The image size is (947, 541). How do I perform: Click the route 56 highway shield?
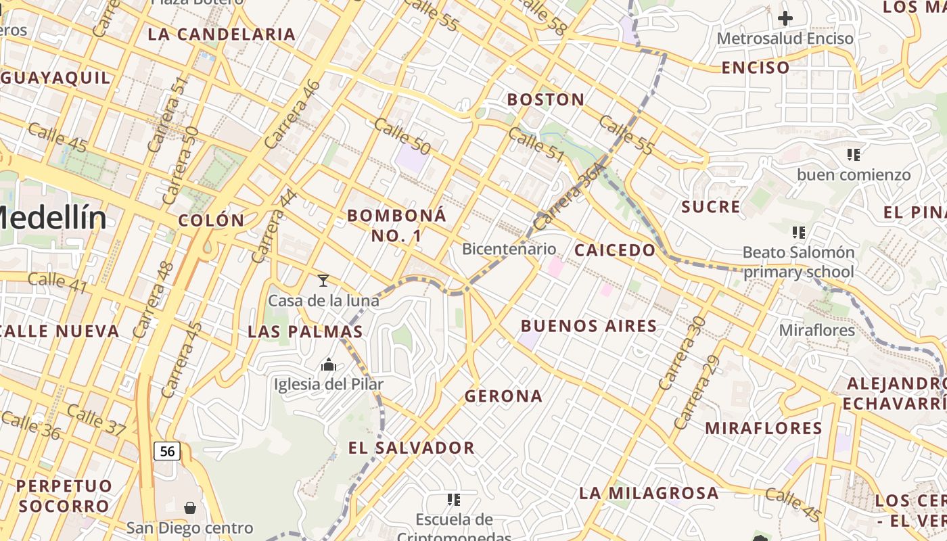pyautogui.click(x=167, y=451)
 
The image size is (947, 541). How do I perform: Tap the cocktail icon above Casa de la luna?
pyautogui.click(x=323, y=280)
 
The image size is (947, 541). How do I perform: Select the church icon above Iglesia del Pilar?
pyautogui.click(x=329, y=365)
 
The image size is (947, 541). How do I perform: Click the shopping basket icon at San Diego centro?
pyautogui.click(x=190, y=507)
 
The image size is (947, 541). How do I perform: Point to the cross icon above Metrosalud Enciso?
pyautogui.click(x=785, y=18)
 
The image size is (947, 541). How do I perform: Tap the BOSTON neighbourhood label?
pyautogui.click(x=546, y=100)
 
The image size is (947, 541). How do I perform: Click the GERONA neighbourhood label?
pyautogui.click(x=503, y=396)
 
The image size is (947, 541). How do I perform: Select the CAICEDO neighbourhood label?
pyautogui.click(x=615, y=251)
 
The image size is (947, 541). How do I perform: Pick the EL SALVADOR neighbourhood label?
pyautogui.click(x=411, y=448)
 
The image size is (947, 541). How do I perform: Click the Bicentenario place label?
pyautogui.click(x=509, y=249)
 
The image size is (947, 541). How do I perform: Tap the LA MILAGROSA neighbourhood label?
pyautogui.click(x=649, y=493)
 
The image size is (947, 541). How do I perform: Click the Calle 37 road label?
pyautogui.click(x=97, y=419)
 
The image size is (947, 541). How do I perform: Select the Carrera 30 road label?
pyautogui.click(x=682, y=353)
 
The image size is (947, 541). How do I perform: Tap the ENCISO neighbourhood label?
pyautogui.click(x=756, y=68)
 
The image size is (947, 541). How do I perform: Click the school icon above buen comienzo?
pyautogui.click(x=853, y=155)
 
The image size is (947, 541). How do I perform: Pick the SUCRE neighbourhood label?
pyautogui.click(x=711, y=207)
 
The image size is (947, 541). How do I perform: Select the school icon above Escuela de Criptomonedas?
pyautogui.click(x=453, y=500)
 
